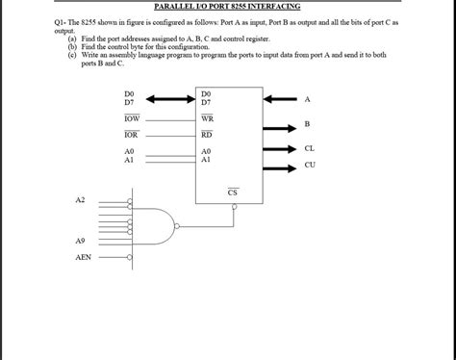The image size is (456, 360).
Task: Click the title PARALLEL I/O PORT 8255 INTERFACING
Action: tap(228, 7)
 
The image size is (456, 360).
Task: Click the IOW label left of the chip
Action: tap(131, 116)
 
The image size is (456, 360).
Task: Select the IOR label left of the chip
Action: tap(131, 134)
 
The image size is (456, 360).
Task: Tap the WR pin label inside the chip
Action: tap(207, 116)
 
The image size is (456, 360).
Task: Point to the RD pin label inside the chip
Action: tap(207, 134)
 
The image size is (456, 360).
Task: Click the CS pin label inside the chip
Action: tap(233, 193)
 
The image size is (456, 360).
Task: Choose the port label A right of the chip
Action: tap(308, 99)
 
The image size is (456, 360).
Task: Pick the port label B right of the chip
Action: tap(307, 124)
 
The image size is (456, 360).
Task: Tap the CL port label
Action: tap(309, 148)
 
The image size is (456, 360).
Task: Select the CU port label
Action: tap(309, 165)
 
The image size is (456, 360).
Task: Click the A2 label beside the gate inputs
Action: tap(80, 199)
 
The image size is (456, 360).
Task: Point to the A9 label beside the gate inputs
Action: tap(80, 239)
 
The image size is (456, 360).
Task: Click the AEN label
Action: tap(83, 258)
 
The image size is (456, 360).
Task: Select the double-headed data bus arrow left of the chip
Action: tap(170, 97)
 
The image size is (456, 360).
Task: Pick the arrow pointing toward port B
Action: tap(280, 124)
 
